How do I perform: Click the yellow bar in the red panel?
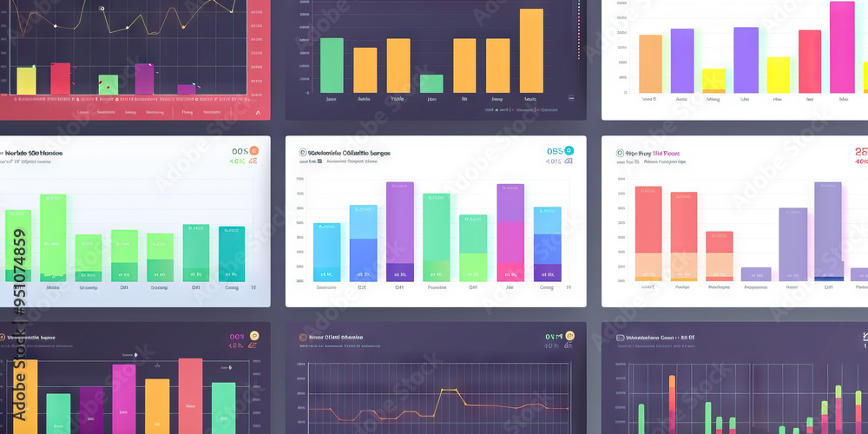[26, 81]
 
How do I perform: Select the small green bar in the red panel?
[108, 84]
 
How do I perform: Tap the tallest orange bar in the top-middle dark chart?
[531, 50]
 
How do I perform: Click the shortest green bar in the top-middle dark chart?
[431, 83]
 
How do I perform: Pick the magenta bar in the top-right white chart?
[841, 47]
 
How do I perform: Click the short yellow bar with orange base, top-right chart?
[713, 81]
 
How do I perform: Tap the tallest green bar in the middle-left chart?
[53, 236]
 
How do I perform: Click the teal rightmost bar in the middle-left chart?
[232, 253]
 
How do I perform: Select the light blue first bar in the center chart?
[326, 252]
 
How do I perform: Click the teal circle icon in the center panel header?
[569, 150]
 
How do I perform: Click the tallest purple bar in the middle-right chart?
[828, 230]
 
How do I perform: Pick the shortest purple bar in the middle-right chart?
[755, 273]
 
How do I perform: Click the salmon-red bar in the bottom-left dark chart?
[190, 395]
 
